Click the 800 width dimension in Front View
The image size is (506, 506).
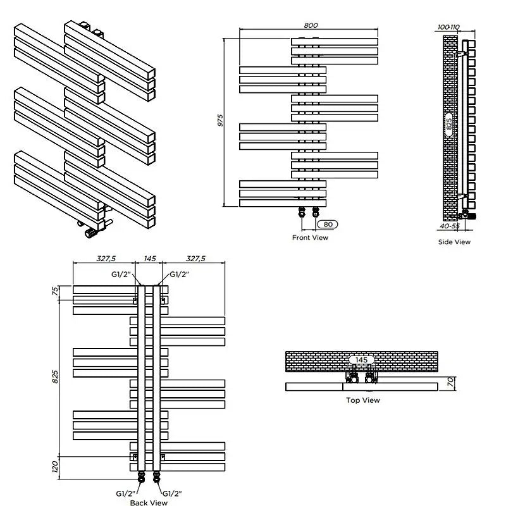(310, 25)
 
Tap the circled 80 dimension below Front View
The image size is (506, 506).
(327, 224)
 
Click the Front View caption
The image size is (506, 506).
(310, 238)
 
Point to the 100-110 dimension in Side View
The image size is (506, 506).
(448, 27)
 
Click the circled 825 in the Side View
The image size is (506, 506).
(449, 124)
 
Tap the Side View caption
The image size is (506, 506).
(454, 242)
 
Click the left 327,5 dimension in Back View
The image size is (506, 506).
(104, 259)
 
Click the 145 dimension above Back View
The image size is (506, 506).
(150, 259)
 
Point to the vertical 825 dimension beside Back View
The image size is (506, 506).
(56, 377)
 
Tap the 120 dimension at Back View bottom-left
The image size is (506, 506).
(56, 467)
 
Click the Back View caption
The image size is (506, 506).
(149, 502)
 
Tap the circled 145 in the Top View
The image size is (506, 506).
(361, 360)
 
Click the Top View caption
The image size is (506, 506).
(362, 400)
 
